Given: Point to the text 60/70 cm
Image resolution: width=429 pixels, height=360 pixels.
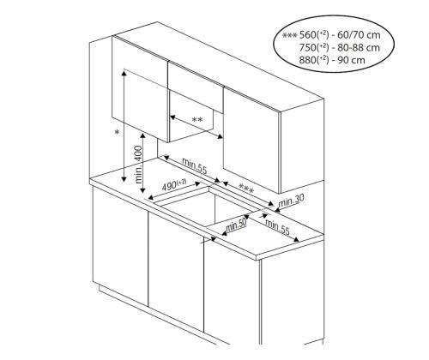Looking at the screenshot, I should [360, 35].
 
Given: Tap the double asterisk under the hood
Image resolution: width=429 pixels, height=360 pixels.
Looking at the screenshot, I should [197, 120].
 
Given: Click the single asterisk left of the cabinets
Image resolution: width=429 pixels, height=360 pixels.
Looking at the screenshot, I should [117, 134].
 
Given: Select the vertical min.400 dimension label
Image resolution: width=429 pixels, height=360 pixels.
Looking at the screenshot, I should [137, 165].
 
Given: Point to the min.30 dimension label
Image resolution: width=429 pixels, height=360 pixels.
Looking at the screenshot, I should [293, 199].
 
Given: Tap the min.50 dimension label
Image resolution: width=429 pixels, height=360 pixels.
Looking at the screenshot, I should [236, 225].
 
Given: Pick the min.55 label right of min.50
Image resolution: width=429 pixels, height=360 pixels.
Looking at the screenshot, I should [276, 227].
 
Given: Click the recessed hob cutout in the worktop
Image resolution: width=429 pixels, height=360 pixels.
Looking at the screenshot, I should [193, 206].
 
